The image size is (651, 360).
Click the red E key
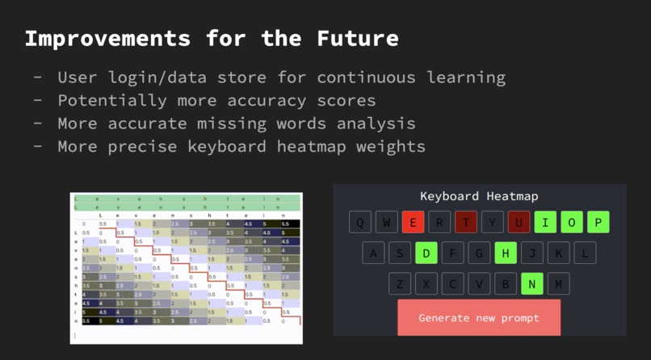click(x=413, y=222)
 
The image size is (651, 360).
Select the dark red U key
click(x=519, y=222)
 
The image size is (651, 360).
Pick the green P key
click(x=598, y=222)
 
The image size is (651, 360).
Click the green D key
click(x=426, y=253)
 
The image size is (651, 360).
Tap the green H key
click(x=505, y=253)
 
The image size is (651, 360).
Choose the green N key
click(x=531, y=284)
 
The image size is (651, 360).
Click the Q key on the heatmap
click(x=360, y=222)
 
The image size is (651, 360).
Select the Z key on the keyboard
click(x=399, y=284)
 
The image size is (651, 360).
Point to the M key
click(x=558, y=284)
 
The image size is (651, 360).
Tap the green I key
click(x=545, y=222)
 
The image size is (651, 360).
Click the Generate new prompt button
click(x=479, y=318)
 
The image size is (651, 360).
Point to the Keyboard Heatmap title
click(x=479, y=196)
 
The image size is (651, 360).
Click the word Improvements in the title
click(x=107, y=38)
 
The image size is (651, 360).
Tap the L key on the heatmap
click(x=584, y=253)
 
